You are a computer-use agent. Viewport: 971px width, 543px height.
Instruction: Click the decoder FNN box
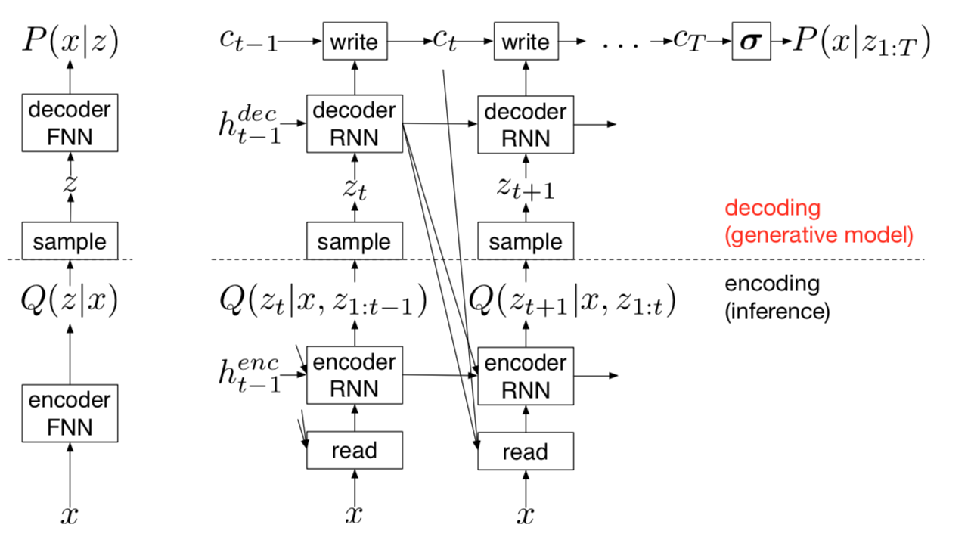click(x=70, y=123)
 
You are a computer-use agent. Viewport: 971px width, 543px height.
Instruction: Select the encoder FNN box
click(x=70, y=412)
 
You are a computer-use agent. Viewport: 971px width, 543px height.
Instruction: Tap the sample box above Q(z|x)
click(x=70, y=242)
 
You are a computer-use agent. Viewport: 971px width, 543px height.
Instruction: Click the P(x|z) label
click(x=70, y=42)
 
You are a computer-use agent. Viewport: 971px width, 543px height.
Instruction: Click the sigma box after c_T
click(x=751, y=42)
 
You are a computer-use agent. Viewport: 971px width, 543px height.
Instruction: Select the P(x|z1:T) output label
click(x=861, y=43)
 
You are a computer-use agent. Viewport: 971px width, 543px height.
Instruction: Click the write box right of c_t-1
click(x=355, y=42)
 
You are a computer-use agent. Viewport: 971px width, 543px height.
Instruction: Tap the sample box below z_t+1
click(x=526, y=242)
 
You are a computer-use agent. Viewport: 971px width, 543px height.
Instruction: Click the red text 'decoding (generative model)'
click(x=818, y=222)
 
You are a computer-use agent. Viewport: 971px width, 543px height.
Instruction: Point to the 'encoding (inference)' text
click(x=777, y=297)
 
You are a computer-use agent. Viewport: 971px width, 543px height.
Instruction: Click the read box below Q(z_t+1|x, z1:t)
click(x=526, y=451)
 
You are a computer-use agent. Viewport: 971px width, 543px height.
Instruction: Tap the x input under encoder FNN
click(x=70, y=516)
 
